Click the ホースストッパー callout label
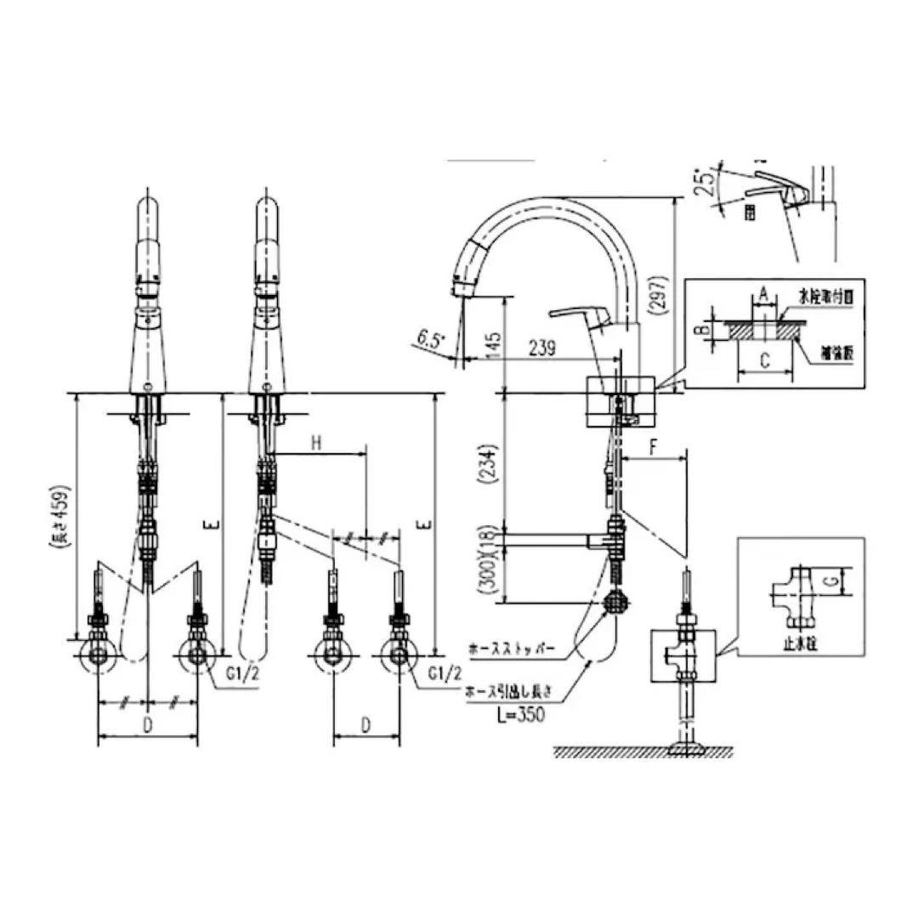[x=513, y=649]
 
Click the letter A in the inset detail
[x=764, y=293]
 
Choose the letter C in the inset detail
[x=764, y=360]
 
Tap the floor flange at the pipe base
[x=688, y=748]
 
